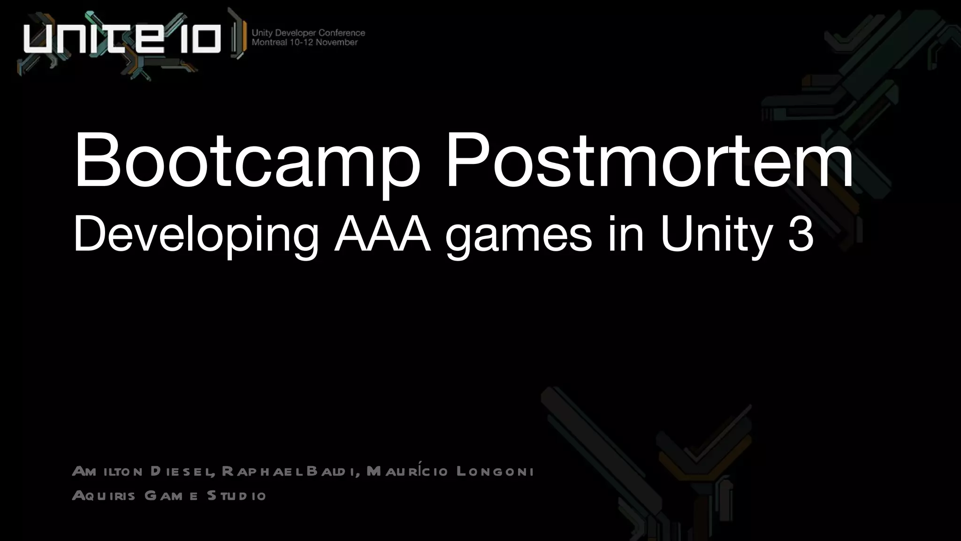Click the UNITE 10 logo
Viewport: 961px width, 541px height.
pos(122,38)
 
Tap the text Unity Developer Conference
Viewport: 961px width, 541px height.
pos(308,33)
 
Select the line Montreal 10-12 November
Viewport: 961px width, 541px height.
pos(305,42)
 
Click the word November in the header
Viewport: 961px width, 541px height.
pos(336,42)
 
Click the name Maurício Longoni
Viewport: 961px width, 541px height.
pos(450,471)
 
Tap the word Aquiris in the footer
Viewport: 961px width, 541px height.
pos(104,495)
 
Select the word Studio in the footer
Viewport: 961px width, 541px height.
pos(236,495)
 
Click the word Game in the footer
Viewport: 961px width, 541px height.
pos(171,495)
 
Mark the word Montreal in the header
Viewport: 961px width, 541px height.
pos(269,42)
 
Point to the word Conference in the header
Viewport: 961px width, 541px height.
pos(342,33)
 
